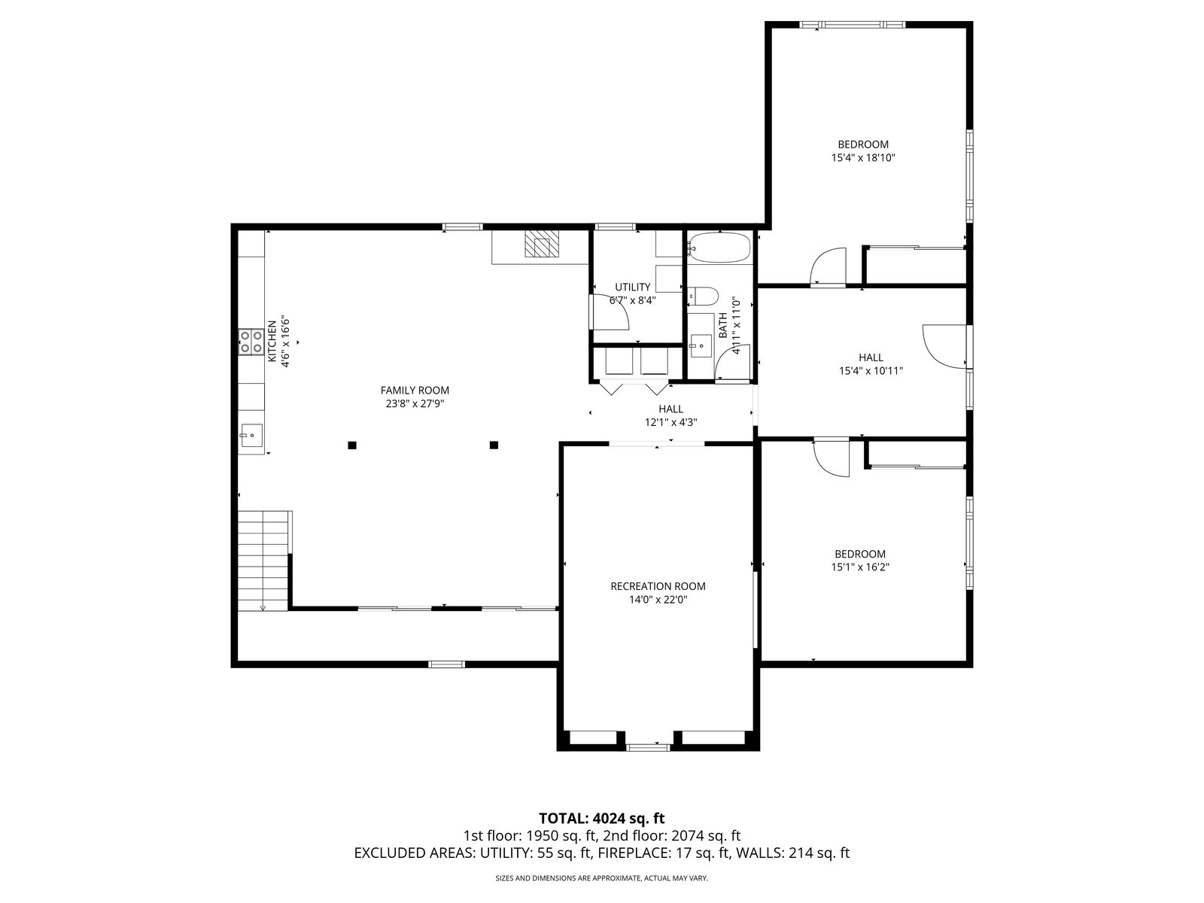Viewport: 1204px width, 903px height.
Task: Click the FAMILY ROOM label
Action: pyautogui.click(x=415, y=391)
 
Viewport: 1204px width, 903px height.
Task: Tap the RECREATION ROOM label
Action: pyautogui.click(x=658, y=586)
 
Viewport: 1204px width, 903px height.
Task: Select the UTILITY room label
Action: pyautogui.click(x=632, y=287)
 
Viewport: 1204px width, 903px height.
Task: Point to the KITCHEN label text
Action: pyautogui.click(x=272, y=341)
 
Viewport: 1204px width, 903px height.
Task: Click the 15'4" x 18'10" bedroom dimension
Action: pyautogui.click(x=863, y=158)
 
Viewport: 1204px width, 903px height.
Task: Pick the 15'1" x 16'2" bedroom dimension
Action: pyautogui.click(x=859, y=567)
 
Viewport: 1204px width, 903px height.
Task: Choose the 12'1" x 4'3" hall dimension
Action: pyautogui.click(x=670, y=422)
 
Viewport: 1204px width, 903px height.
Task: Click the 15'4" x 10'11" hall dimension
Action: pyautogui.click(x=871, y=371)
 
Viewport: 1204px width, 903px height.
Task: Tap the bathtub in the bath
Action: pyautogui.click(x=719, y=248)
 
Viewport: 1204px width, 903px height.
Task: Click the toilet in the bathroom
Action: pyautogui.click(x=703, y=296)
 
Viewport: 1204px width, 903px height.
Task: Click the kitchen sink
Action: pyautogui.click(x=251, y=436)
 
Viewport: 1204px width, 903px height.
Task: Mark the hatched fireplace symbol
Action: pyautogui.click(x=542, y=243)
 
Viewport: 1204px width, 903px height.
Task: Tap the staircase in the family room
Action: pyautogui.click(x=263, y=561)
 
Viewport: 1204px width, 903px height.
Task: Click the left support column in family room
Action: pyautogui.click(x=352, y=445)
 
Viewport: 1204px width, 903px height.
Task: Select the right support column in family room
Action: pyautogui.click(x=494, y=445)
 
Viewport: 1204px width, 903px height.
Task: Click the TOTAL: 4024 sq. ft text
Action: pyautogui.click(x=602, y=819)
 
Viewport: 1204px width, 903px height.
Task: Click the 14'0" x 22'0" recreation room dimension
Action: pyautogui.click(x=658, y=600)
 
